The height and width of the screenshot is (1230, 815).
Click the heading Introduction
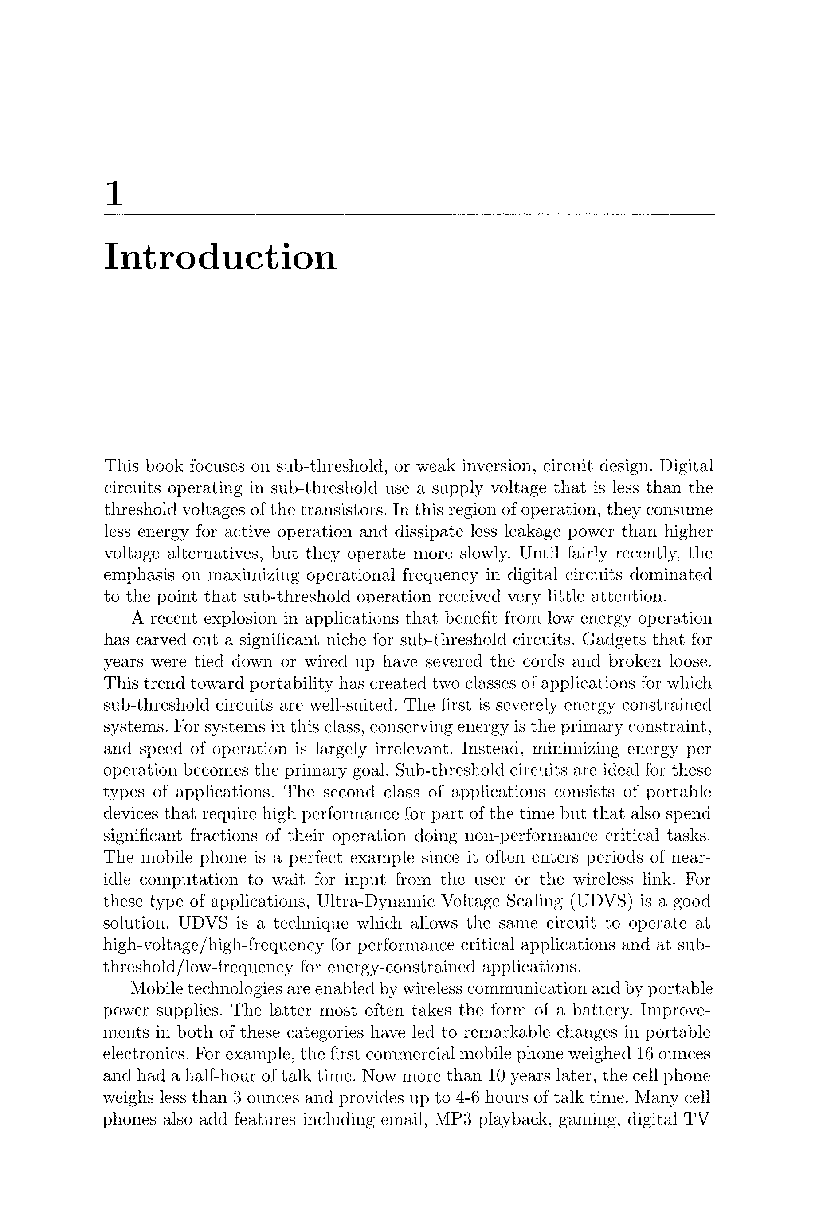pyautogui.click(x=220, y=257)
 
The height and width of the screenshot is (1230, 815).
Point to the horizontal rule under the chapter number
pyautogui.click(x=410, y=214)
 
